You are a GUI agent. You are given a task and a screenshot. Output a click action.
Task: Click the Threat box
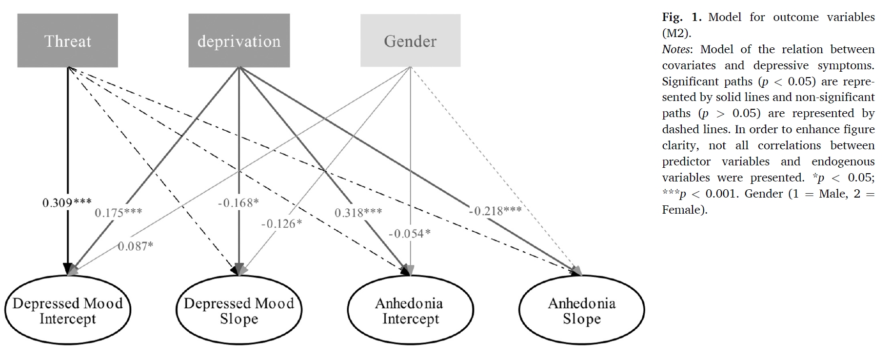(x=68, y=40)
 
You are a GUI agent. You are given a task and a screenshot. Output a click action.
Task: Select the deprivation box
(x=239, y=40)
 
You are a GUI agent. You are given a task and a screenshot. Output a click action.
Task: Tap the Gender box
(x=410, y=40)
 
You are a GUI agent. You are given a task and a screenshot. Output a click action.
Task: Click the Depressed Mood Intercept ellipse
(x=68, y=311)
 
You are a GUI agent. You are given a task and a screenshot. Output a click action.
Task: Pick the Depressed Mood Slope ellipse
(x=239, y=311)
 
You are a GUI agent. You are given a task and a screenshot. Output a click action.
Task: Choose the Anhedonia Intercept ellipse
(x=410, y=311)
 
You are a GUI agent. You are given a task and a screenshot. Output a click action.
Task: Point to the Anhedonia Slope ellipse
(x=581, y=311)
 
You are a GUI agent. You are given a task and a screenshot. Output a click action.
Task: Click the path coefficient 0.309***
(x=67, y=202)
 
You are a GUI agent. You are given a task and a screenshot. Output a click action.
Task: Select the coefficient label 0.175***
(x=119, y=213)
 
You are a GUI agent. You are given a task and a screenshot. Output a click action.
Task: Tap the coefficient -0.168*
(x=238, y=202)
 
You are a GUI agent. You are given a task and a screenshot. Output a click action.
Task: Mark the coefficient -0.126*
(x=281, y=223)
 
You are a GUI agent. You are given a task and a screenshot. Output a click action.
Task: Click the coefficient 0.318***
(x=358, y=213)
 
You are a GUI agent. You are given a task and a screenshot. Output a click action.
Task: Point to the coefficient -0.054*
(x=410, y=234)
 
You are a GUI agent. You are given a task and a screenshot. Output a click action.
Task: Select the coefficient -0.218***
(x=495, y=211)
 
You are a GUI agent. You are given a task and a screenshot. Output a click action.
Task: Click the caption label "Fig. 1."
(x=681, y=18)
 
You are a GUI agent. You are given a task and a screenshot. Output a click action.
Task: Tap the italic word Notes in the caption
(x=676, y=50)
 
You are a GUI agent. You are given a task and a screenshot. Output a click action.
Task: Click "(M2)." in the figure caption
(x=676, y=33)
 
